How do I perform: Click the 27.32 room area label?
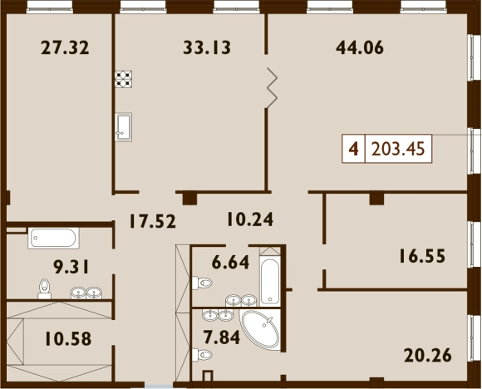[x=65, y=48]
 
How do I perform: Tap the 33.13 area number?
[x=207, y=48]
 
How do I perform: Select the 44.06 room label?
[x=360, y=48]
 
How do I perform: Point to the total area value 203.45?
[x=398, y=149]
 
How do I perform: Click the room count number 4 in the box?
[x=354, y=149]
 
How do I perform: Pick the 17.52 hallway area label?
[x=153, y=221]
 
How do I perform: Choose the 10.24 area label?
[x=250, y=219]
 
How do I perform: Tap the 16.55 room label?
[x=422, y=256]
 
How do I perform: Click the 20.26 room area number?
[x=428, y=356]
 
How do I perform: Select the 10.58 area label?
[x=68, y=339]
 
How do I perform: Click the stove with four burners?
[x=124, y=79]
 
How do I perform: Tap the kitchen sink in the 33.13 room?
[x=124, y=127]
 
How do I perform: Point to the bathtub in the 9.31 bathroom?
[x=53, y=238]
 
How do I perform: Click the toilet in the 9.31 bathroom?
[x=45, y=289]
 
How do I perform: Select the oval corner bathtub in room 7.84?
[x=261, y=329]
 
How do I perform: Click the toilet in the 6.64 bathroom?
[x=202, y=283]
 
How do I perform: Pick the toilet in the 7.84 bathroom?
[x=202, y=355]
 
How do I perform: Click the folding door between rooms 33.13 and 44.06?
[x=272, y=88]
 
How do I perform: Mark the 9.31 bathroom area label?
[x=71, y=267]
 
